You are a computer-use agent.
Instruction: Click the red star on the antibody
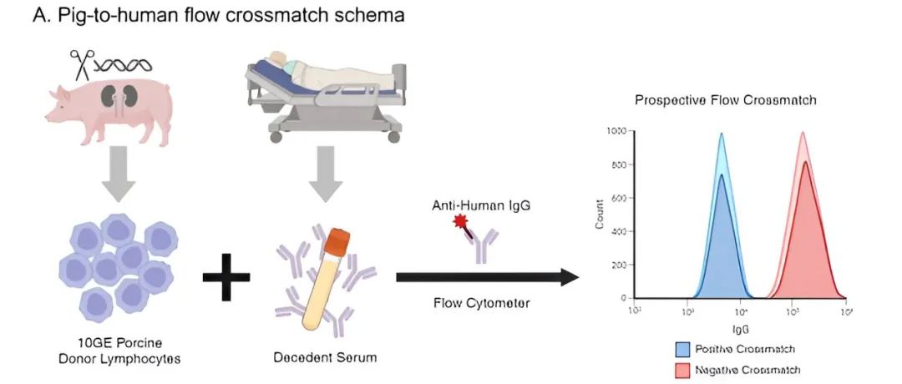pyautogui.click(x=459, y=221)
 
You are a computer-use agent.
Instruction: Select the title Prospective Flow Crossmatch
pyautogui.click(x=725, y=100)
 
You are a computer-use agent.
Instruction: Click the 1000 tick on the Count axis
pyautogui.click(x=616, y=132)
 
